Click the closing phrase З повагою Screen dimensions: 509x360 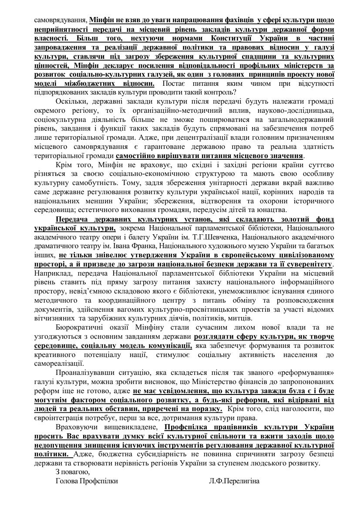tap(73, 472)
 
